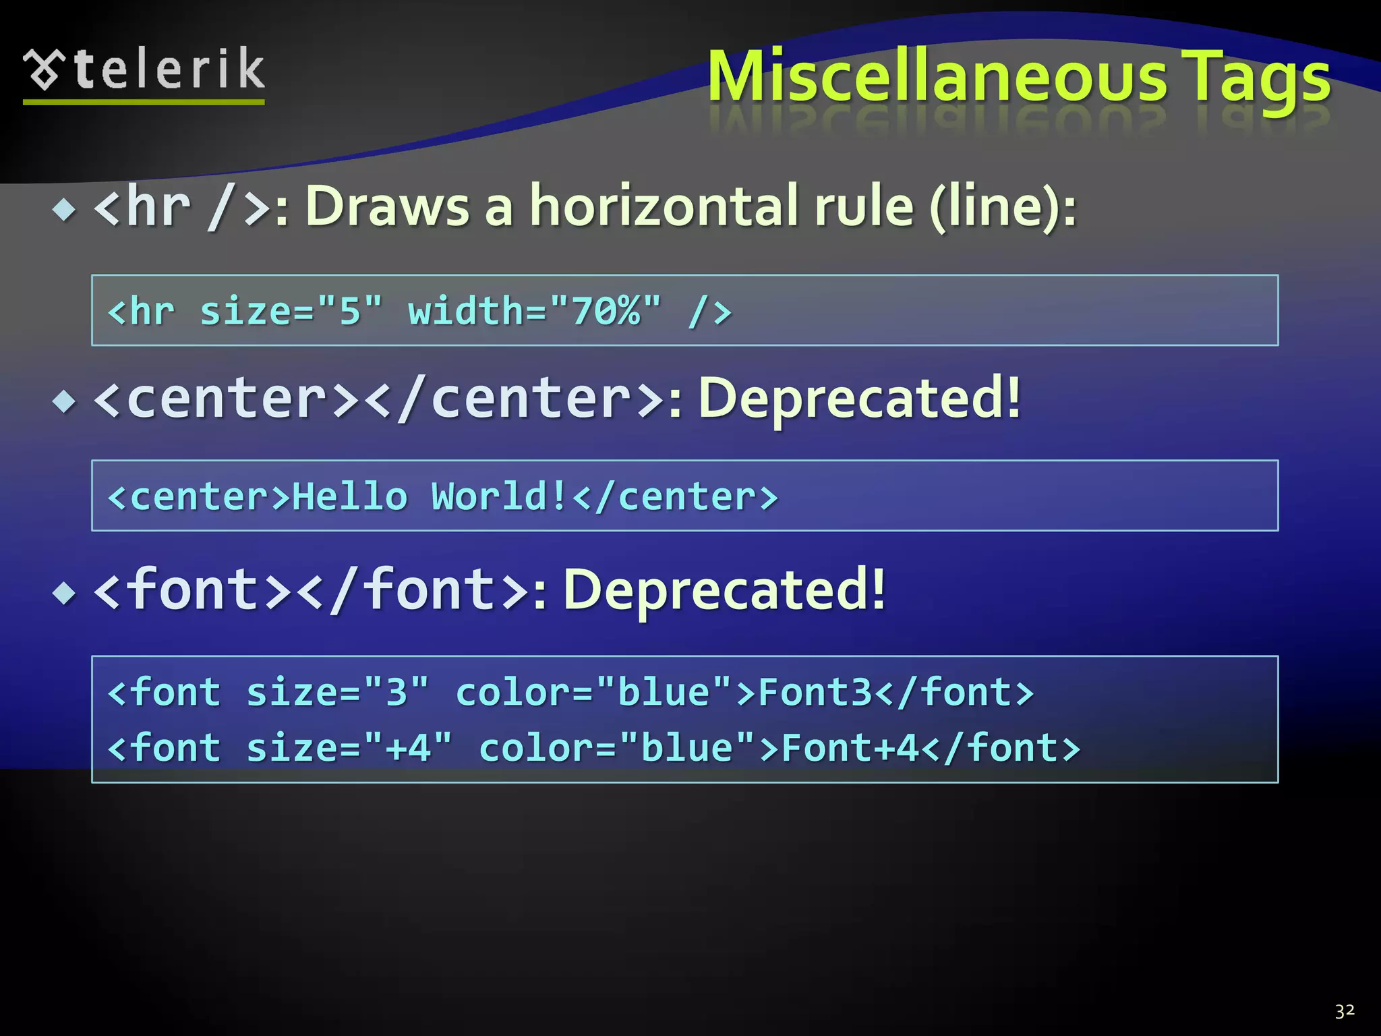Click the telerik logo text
click(169, 69)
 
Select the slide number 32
click(1345, 1010)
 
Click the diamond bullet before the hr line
click(65, 210)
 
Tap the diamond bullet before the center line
click(65, 402)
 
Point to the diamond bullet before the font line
click(65, 594)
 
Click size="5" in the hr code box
click(291, 312)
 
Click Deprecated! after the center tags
click(859, 399)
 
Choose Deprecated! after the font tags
click(724, 591)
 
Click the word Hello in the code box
click(349, 497)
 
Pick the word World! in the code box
click(499, 497)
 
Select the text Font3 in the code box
click(815, 693)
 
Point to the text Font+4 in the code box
click(850, 748)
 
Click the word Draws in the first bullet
click(387, 206)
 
